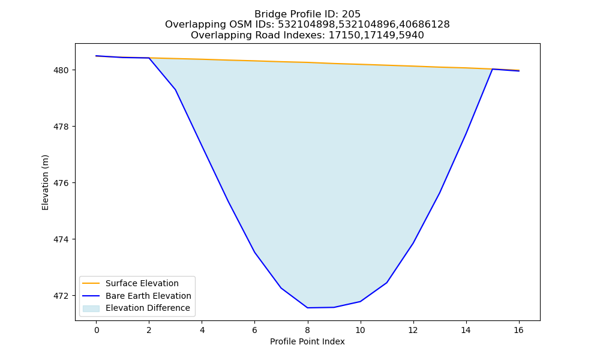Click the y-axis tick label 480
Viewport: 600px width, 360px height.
62,70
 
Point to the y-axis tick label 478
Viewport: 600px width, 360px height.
62,127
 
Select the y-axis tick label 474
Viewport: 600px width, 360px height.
62,239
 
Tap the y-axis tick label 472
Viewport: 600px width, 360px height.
62,296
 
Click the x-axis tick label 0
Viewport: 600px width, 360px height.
97,330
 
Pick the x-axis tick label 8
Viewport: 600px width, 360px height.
307,330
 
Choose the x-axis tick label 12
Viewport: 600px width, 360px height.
413,330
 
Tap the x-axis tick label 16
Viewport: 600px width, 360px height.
518,330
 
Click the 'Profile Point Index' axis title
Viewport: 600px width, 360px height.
307,341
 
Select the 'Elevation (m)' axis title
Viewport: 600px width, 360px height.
45,182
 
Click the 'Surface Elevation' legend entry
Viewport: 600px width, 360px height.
142,283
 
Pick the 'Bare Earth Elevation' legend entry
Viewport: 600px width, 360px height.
148,296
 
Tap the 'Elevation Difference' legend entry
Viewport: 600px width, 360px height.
148,308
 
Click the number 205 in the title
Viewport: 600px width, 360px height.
351,14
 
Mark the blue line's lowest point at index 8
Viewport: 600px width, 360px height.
307,308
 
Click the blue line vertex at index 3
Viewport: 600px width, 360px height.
175,89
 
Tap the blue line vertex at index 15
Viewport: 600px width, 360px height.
492,69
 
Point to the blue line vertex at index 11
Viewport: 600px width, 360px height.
386,283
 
